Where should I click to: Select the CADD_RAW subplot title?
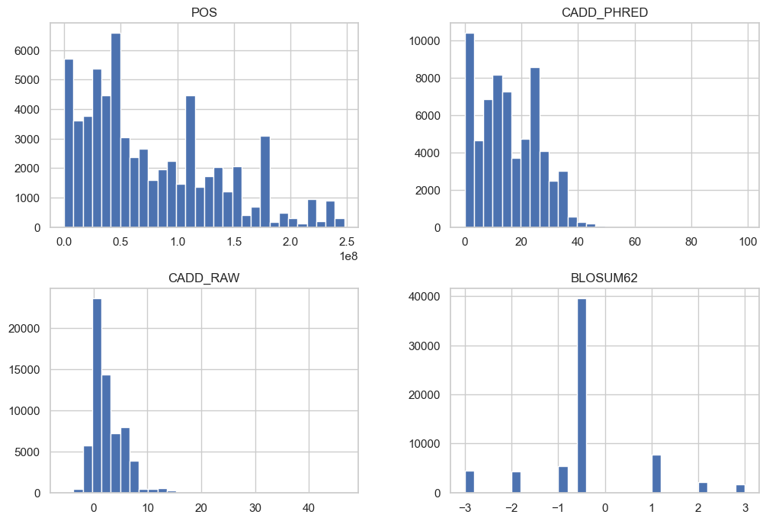click(204, 278)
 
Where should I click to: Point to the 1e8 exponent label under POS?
click(348, 256)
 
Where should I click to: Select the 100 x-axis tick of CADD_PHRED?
click(748, 241)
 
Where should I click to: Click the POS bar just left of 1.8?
click(265, 182)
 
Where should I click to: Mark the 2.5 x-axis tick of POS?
click(346, 241)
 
